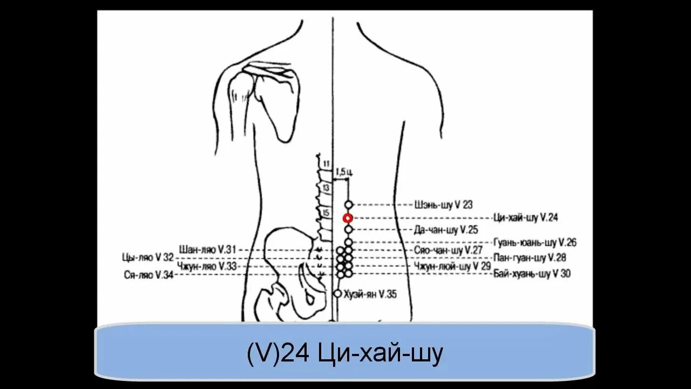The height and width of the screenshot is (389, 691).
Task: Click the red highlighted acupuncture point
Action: click(x=348, y=218)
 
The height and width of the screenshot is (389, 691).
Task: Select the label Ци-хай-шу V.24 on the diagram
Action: click(x=526, y=218)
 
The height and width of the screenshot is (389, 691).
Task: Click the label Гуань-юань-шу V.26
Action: click(x=535, y=243)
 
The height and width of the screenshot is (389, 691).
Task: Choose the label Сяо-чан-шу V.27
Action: click(x=448, y=251)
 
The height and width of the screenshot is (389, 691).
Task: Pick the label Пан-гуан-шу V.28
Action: click(x=530, y=257)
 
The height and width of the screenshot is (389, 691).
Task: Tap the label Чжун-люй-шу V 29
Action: click(x=452, y=266)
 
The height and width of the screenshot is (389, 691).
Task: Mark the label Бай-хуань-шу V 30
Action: click(x=532, y=274)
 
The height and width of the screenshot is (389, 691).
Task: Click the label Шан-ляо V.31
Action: click(x=207, y=250)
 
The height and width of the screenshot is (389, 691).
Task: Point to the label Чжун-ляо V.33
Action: click(x=207, y=266)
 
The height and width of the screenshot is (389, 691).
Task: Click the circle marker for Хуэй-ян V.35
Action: click(x=338, y=293)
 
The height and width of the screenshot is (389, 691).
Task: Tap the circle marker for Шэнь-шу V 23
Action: click(x=349, y=205)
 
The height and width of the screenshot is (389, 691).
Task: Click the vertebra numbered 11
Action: click(x=326, y=164)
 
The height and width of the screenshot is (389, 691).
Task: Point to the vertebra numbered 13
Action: click(x=326, y=187)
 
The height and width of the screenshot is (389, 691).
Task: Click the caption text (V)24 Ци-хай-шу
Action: click(x=345, y=354)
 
